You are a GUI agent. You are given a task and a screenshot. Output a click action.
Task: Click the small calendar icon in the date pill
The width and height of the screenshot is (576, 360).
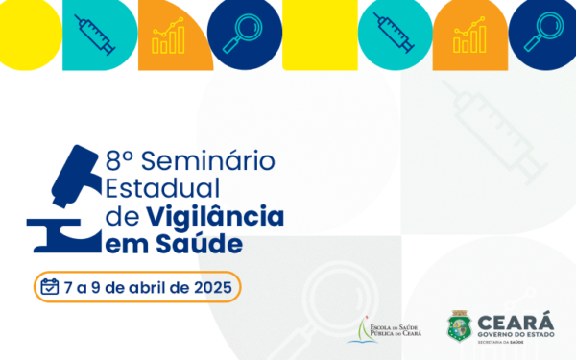tap(50, 287)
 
